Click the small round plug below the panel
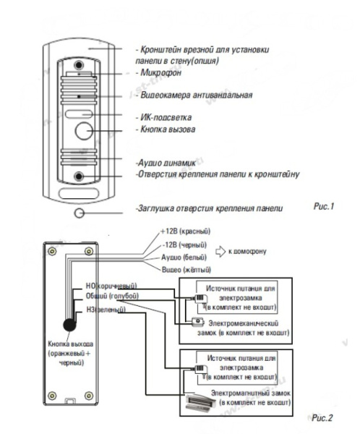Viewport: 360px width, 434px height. pyautogui.click(x=78, y=212)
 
